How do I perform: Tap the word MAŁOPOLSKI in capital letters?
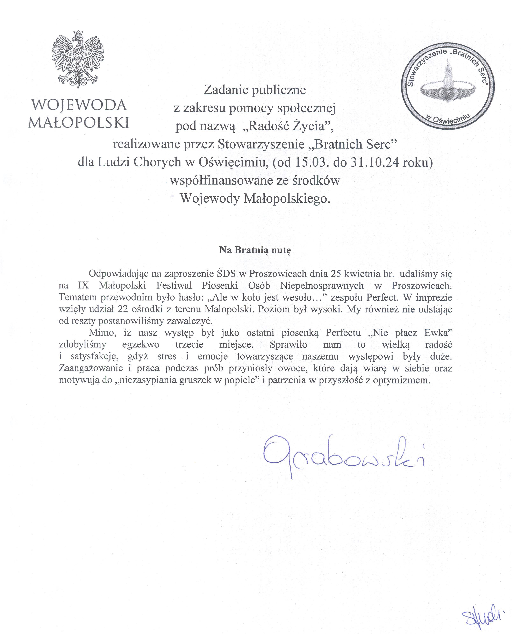point(79,122)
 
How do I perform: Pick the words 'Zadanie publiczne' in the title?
point(255,90)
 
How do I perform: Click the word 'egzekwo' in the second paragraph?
point(141,344)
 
